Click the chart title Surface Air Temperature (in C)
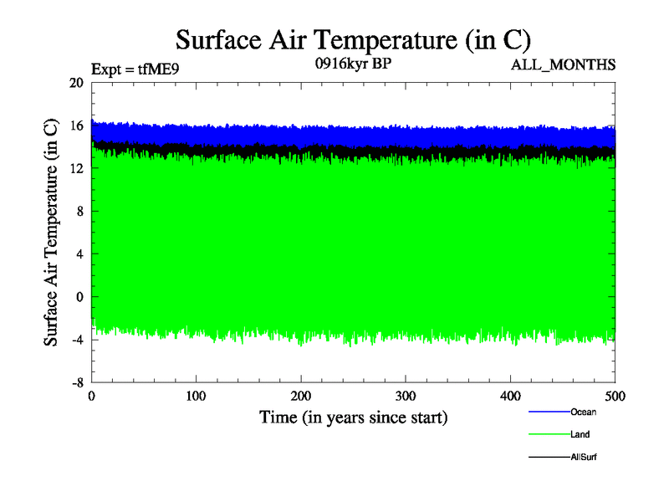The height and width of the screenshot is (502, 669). (x=353, y=40)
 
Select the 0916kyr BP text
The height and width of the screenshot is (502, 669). (x=352, y=64)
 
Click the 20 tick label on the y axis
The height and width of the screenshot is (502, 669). (x=76, y=83)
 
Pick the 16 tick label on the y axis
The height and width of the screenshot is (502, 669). (x=76, y=125)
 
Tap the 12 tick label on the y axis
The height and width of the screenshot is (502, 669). (x=76, y=168)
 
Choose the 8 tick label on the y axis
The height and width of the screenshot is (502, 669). (x=79, y=211)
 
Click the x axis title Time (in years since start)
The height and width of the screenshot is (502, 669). (x=353, y=417)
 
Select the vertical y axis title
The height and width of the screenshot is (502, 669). (x=52, y=233)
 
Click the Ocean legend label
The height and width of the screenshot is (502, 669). (x=583, y=412)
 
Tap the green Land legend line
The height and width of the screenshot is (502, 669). (x=549, y=435)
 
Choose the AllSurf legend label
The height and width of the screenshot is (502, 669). (x=584, y=457)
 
